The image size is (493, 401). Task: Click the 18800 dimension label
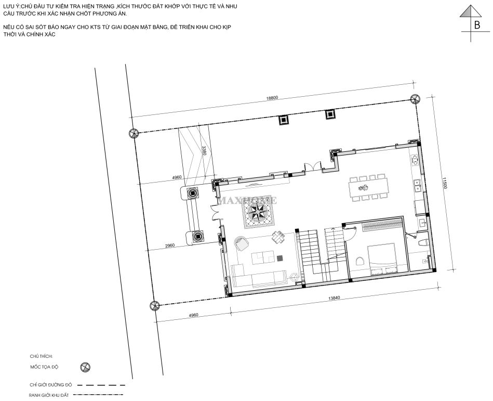(x=272, y=98)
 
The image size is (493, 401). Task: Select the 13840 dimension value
(x=334, y=298)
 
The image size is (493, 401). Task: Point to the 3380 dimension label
(x=204, y=151)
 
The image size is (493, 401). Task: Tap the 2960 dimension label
(x=169, y=245)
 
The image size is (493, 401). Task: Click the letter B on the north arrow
(x=477, y=25)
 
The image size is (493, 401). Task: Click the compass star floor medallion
(x=258, y=212)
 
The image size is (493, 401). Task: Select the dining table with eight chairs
(x=369, y=188)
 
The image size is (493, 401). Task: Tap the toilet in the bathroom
(x=423, y=242)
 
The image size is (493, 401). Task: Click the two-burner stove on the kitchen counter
(x=414, y=160)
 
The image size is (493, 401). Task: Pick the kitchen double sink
(x=418, y=186)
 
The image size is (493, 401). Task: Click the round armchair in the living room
(x=241, y=243)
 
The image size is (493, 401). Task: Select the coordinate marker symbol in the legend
(x=85, y=367)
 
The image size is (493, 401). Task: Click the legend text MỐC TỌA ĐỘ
(x=44, y=367)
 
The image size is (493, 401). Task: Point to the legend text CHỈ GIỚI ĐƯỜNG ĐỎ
(x=50, y=385)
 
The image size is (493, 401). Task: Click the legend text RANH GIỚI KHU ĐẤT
(x=48, y=395)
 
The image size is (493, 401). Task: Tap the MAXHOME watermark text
(x=247, y=200)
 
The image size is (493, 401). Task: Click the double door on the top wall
(x=313, y=166)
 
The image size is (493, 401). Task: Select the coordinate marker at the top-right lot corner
(x=415, y=99)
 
